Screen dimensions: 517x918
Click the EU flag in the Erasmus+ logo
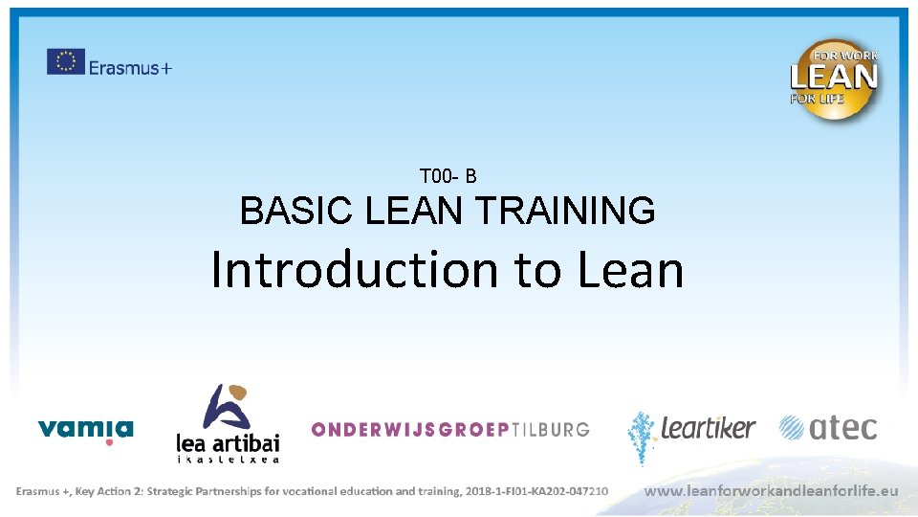66,61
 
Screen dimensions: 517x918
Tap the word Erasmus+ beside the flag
131,67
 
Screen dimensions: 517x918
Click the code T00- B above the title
448,176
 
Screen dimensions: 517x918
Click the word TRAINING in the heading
564,211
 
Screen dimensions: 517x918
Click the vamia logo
85,428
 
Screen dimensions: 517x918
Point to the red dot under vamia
109,442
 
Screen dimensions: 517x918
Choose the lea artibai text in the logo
228,441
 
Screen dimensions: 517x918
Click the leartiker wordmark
708,428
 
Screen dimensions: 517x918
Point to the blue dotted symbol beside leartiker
642,436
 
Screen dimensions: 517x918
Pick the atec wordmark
842,428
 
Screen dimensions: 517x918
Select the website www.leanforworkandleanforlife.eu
772,490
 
